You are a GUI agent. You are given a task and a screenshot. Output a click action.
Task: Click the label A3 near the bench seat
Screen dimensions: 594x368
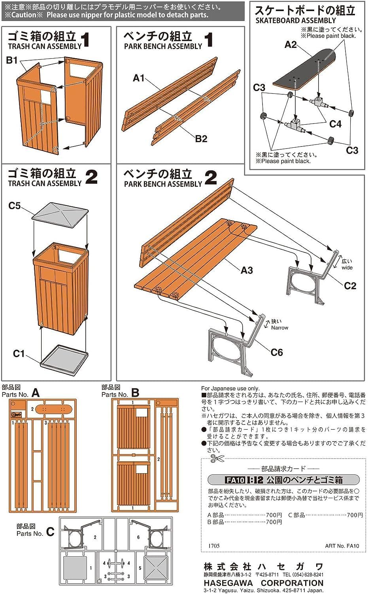246,270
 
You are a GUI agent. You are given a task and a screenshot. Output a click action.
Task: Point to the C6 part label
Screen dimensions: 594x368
276,352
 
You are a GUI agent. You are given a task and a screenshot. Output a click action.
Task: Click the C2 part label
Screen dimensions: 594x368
349,286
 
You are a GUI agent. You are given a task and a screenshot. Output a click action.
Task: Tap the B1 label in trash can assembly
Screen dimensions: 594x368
12,60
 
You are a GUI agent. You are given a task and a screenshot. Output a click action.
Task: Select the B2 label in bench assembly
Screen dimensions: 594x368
201,138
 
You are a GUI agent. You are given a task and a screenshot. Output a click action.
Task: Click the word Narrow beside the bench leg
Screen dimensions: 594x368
279,327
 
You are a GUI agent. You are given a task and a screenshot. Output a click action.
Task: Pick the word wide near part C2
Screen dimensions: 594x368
347,267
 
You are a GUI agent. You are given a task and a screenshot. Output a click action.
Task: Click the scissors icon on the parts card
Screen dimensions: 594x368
217,459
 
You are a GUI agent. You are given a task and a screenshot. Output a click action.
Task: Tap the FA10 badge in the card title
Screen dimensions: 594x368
235,480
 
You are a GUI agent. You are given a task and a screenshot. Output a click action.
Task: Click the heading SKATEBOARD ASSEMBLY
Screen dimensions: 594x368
295,21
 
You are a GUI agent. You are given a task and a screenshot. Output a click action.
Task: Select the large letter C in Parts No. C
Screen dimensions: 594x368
50,532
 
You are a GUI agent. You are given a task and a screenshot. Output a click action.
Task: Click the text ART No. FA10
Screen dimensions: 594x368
342,546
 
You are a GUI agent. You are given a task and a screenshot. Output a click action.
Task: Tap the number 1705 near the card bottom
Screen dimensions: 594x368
214,546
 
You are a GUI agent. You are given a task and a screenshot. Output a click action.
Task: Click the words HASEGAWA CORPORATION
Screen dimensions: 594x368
263,583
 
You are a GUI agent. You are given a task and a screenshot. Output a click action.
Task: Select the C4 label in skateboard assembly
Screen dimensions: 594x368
335,124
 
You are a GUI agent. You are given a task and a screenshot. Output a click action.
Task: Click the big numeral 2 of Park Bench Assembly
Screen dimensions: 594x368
211,178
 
